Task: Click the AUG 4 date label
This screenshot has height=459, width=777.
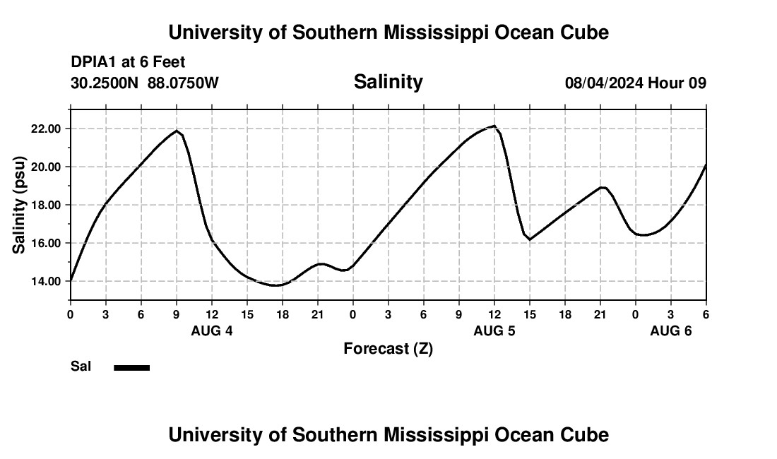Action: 212,330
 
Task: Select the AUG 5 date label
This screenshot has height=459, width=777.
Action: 494,330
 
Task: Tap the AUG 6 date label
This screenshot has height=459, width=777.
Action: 671,330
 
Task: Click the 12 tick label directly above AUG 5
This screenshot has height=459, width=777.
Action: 494,314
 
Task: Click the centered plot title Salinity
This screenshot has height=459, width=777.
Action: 389,82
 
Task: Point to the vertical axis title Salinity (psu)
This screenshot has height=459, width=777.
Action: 19,205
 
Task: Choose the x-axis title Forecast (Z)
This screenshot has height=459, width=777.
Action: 389,348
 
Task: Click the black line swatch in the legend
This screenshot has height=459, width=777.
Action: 132,367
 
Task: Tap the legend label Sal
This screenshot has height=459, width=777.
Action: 81,366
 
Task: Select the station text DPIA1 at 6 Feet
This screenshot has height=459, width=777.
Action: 128,63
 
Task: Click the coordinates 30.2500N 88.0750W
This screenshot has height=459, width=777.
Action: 145,83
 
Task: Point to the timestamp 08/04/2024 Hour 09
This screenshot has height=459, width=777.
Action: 636,83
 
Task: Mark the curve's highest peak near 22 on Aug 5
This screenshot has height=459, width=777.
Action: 494,126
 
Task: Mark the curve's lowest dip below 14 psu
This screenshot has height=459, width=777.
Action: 276,285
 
